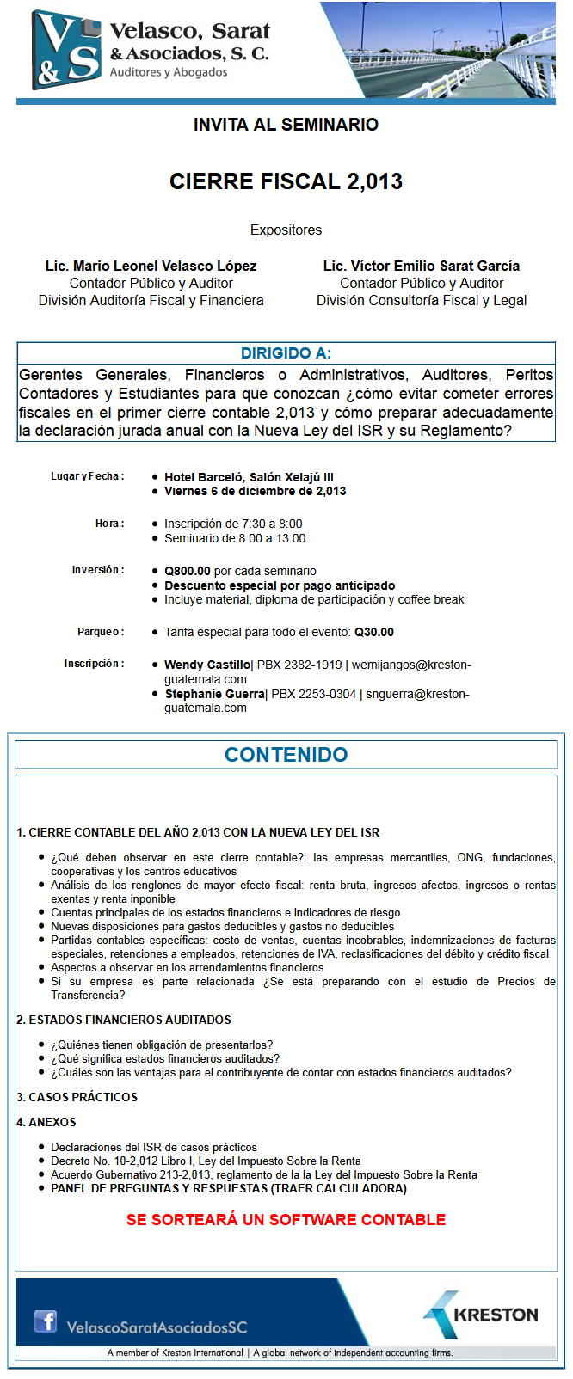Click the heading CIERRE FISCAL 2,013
click(x=286, y=181)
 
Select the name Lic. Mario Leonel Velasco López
click(x=151, y=266)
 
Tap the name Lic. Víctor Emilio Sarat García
click(x=422, y=266)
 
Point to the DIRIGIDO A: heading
click(x=286, y=353)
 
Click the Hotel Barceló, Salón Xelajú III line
click(x=249, y=477)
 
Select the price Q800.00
click(x=188, y=571)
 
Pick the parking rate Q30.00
click(x=374, y=632)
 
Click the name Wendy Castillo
click(x=206, y=665)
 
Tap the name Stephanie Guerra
click(x=215, y=694)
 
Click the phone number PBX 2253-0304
click(x=313, y=694)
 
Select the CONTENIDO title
click(x=286, y=755)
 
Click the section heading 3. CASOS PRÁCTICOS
click(x=77, y=1097)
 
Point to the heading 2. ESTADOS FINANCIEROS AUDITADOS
click(x=124, y=1020)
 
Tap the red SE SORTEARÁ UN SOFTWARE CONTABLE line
click(x=286, y=1220)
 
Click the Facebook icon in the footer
click(x=46, y=1321)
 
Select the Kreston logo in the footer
click(x=481, y=1315)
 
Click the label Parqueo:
click(x=101, y=632)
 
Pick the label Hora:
click(x=109, y=524)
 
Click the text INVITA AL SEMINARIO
click(x=286, y=125)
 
